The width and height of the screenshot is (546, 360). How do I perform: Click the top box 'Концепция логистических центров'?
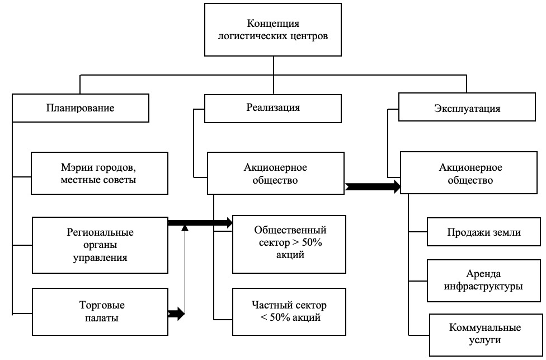pos(272,30)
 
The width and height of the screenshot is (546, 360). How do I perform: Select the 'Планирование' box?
pos(80,108)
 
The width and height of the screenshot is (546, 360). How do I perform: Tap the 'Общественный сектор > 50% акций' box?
pos(289,242)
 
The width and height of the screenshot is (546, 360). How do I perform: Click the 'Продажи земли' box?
pos(483,232)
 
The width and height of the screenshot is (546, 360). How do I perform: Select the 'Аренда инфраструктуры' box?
pos(483,280)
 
